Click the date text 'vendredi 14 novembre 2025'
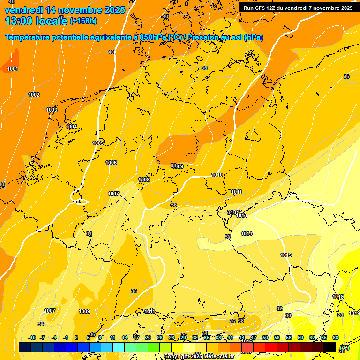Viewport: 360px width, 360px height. coord(65,10)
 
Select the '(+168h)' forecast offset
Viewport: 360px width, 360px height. coord(83,21)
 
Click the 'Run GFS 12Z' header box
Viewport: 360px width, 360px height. coord(298,8)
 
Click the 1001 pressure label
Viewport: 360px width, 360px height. coord(13,69)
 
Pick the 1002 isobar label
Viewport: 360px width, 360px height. coord(34,95)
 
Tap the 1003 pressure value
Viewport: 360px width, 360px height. coord(52,110)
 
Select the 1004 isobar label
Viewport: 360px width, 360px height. coord(71,127)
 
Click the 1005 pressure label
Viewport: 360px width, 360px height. coord(98,143)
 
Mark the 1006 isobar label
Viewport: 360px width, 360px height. coord(111,163)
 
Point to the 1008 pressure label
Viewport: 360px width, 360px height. coord(144,180)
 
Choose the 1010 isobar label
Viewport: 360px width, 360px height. coord(217,175)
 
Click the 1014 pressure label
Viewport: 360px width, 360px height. coord(247,233)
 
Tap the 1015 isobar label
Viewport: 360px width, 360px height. coord(286,255)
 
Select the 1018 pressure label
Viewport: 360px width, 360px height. coord(337,297)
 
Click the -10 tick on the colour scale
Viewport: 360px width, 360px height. coord(32,338)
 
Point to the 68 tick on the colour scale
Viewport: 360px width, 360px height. coord(336,338)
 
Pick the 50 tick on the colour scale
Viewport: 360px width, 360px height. coord(265,338)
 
